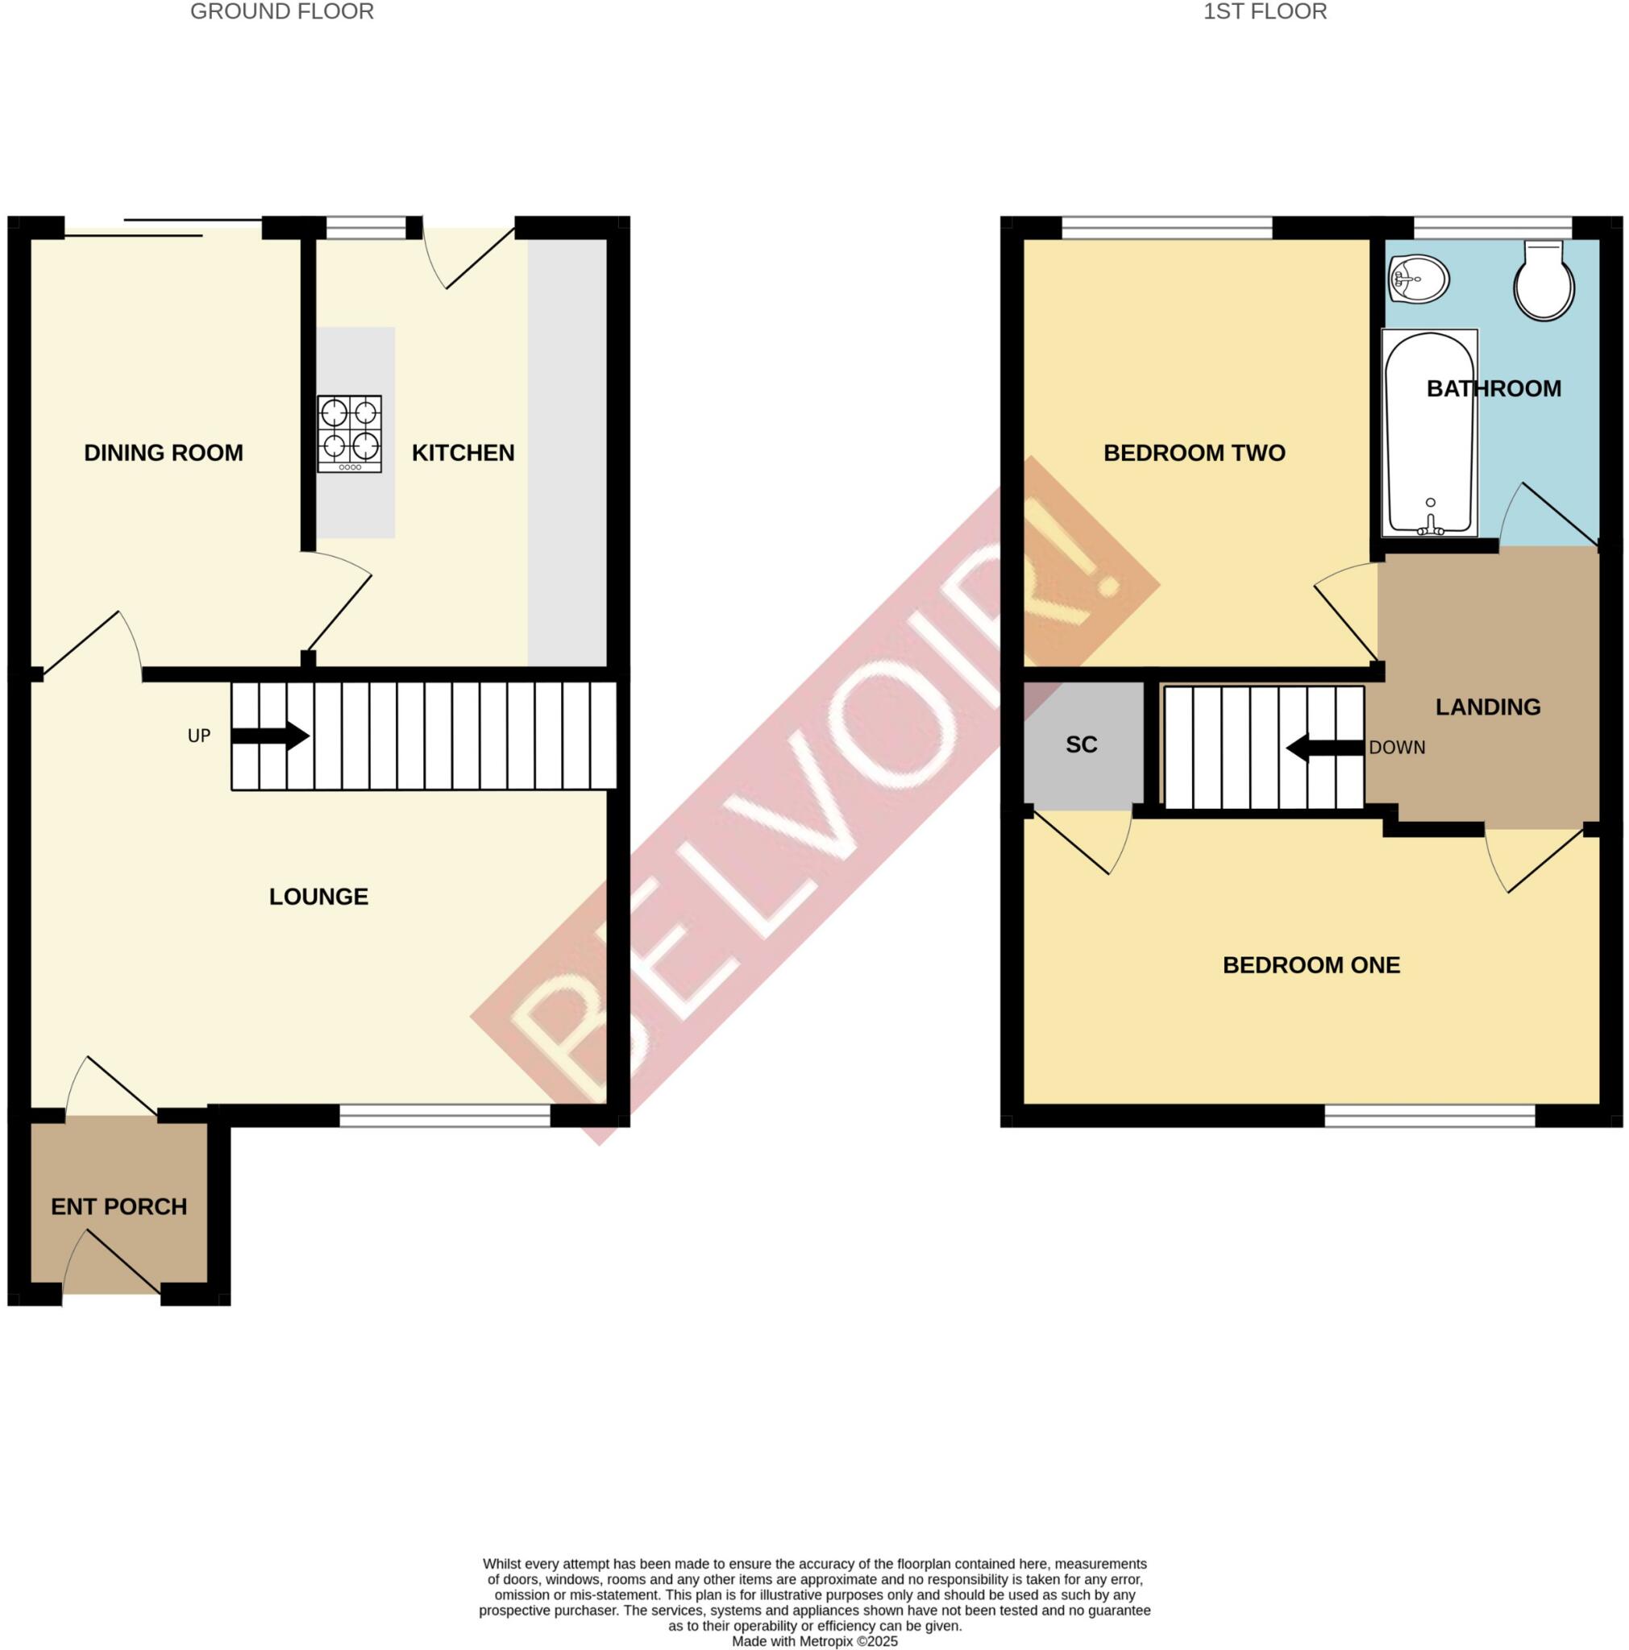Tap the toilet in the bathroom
1544,282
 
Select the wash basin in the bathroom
1419,279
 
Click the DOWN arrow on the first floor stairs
1324,748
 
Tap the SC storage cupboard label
1081,744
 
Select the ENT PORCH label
118,1207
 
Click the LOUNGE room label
318,896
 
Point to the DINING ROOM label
163,453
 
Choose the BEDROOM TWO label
1194,453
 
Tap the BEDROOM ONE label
1311,965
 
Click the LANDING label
1487,707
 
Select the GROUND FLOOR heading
282,12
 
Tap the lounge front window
444,1115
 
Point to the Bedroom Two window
1166,227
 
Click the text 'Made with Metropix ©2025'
814,1640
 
